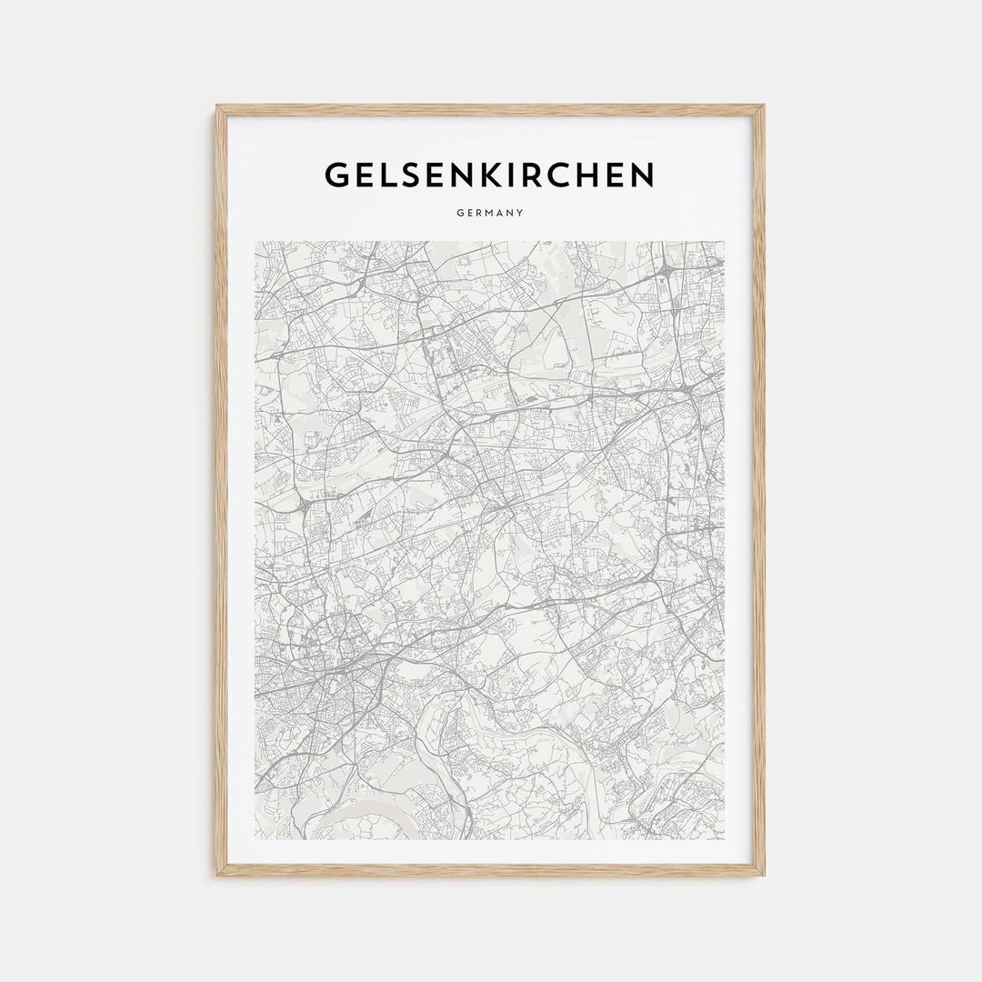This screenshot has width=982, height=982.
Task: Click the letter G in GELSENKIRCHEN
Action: click(339, 175)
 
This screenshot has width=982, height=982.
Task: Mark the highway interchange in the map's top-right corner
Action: click(668, 268)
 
